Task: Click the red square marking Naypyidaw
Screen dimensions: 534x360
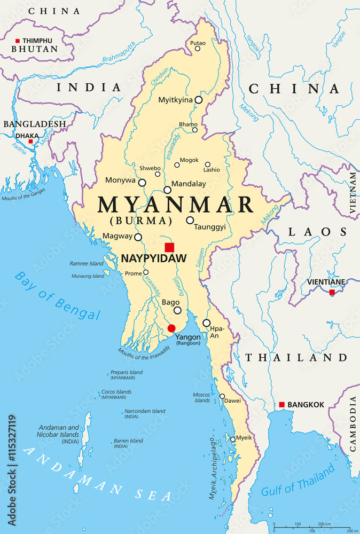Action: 169,247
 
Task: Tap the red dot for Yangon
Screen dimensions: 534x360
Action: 171,328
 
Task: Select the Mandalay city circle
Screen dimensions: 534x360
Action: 167,190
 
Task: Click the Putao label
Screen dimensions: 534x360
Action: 197,42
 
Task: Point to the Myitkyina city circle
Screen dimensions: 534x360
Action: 198,100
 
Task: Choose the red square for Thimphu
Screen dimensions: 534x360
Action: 17,41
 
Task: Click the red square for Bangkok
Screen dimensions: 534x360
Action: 281,405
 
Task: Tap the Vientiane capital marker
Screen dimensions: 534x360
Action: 332,292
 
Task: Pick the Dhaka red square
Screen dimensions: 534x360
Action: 30,142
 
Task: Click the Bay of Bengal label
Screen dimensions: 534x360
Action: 57,295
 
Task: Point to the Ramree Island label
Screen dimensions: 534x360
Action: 86,264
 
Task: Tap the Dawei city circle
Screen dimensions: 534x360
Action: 222,396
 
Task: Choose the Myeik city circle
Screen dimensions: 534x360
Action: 232,439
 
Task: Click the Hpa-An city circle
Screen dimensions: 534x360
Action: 206,323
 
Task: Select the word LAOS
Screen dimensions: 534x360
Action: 317,232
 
